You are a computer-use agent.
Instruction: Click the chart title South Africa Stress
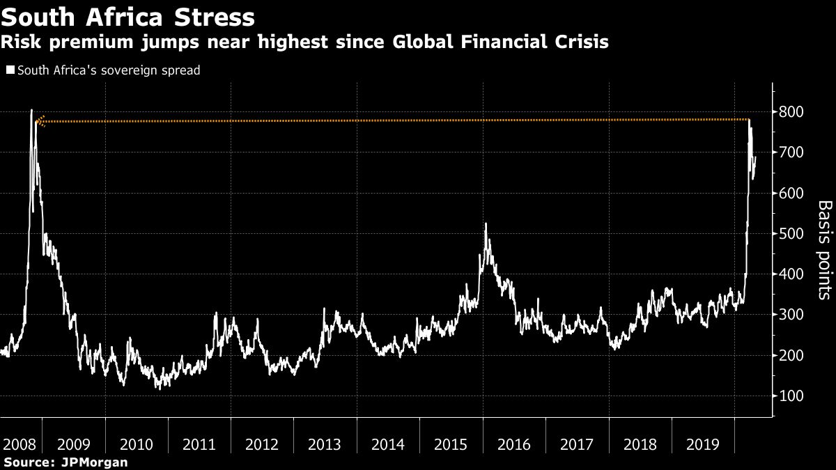(127, 15)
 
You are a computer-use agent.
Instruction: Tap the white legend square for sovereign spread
(10, 70)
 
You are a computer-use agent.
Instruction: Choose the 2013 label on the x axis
(325, 444)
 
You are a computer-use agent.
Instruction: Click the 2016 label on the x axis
(513, 444)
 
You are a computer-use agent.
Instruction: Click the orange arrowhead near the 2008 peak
(40, 121)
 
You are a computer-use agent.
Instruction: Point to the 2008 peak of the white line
(31, 111)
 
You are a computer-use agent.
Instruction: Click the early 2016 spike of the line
(486, 224)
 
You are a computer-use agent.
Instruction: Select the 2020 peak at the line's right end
(750, 121)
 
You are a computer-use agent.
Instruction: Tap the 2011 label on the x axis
(199, 444)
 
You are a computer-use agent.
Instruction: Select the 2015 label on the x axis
(451, 444)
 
